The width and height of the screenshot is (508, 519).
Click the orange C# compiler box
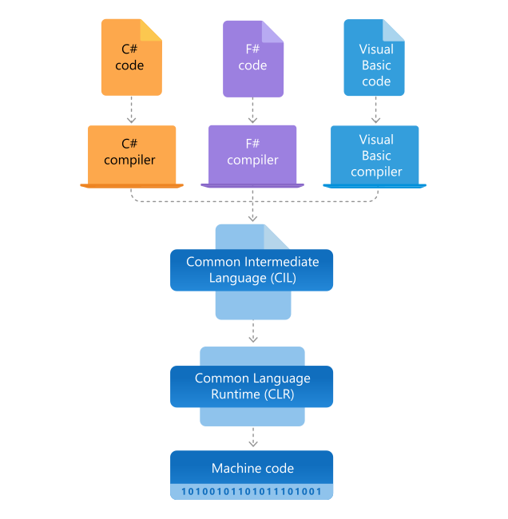pos(131,154)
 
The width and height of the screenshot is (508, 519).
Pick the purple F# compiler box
pos(252,154)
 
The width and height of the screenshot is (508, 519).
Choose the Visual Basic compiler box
pos(375,155)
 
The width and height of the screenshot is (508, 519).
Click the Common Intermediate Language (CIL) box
pos(252,270)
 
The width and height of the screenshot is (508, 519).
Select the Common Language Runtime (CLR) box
pos(252,386)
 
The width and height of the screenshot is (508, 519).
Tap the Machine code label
pos(252,468)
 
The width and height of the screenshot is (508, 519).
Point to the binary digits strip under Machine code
pos(252,491)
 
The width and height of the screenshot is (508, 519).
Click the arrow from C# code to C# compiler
pos(131,110)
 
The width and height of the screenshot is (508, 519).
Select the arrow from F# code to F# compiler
pos(252,110)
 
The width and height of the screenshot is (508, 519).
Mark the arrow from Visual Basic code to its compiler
pos(375,110)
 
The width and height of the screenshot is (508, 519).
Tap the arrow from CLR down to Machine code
pos(252,437)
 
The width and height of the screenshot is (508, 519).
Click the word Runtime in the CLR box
pos(223,394)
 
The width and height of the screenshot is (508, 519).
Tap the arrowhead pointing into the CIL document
pos(252,218)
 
